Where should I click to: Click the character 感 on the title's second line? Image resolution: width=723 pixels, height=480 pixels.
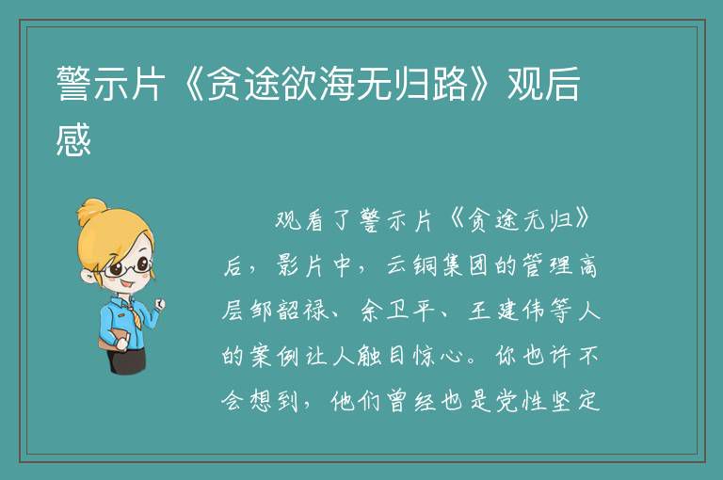(73, 139)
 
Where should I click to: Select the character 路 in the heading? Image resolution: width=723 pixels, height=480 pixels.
(450, 84)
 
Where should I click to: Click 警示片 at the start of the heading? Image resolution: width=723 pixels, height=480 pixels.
(110, 84)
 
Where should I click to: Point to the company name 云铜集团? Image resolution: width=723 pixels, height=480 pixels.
(437, 265)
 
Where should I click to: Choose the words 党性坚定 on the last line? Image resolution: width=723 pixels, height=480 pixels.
(548, 401)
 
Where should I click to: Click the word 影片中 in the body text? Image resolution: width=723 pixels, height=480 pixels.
(314, 265)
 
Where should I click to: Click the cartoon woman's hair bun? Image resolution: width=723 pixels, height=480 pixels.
(91, 211)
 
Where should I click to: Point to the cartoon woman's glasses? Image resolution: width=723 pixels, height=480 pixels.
(127, 267)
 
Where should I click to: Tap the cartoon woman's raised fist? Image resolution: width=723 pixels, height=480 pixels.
(159, 303)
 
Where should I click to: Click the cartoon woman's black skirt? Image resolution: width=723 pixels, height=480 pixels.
(129, 360)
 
